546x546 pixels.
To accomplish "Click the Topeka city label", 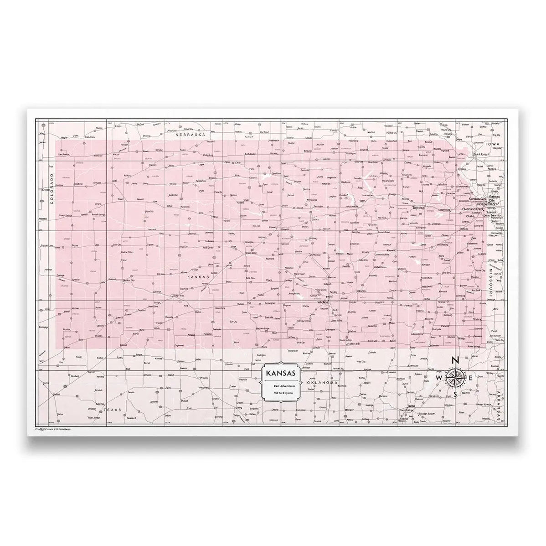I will tap(418, 208).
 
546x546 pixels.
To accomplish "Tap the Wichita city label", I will tap(324, 302).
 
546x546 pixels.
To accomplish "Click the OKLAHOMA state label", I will tap(322, 383).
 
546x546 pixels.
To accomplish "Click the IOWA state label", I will tap(493, 144).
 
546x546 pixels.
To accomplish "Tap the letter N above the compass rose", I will tap(455, 360).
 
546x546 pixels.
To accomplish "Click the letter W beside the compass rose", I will tap(439, 379).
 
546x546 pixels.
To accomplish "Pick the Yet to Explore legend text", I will tap(280, 392).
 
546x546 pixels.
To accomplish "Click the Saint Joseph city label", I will tap(481, 154).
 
